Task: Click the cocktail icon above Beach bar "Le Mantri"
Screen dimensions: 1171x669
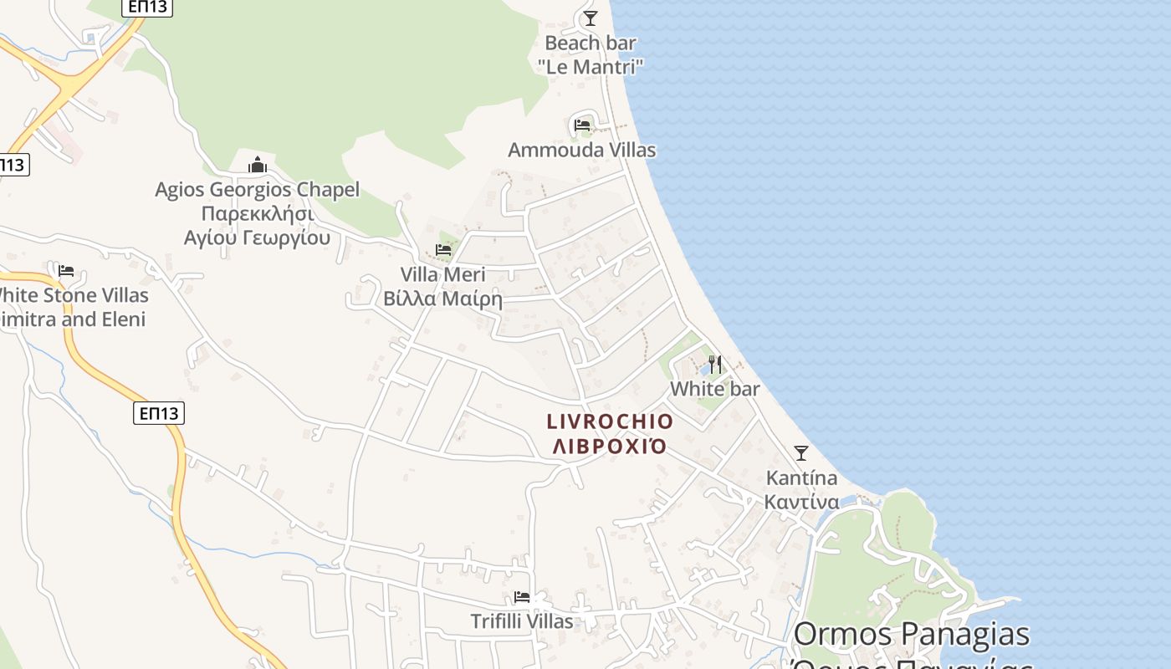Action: pyautogui.click(x=591, y=18)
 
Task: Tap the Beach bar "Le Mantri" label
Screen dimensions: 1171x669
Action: pyautogui.click(x=591, y=54)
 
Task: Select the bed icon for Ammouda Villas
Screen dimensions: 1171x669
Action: pyautogui.click(x=582, y=125)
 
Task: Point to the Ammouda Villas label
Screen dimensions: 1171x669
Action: pyautogui.click(x=582, y=151)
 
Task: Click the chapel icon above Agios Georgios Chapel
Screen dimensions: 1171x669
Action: pyautogui.click(x=257, y=165)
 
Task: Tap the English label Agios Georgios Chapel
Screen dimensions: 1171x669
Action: pyautogui.click(x=257, y=190)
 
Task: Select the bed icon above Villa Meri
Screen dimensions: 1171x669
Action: pyautogui.click(x=443, y=249)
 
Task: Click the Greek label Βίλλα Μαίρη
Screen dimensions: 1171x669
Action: pyautogui.click(x=442, y=299)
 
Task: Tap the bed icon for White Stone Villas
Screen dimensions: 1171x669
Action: pyautogui.click(x=66, y=270)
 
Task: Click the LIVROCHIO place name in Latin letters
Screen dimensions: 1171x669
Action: pyautogui.click(x=610, y=421)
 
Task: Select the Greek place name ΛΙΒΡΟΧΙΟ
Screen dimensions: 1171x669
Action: pyautogui.click(x=610, y=446)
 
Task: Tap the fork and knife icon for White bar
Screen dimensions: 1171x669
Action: pyautogui.click(x=715, y=365)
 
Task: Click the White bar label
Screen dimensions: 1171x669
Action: pyautogui.click(x=715, y=389)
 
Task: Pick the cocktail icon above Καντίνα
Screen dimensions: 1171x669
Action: pyautogui.click(x=801, y=453)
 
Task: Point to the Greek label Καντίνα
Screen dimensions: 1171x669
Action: pyautogui.click(x=801, y=502)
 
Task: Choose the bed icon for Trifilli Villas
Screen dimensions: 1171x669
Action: pyautogui.click(x=522, y=597)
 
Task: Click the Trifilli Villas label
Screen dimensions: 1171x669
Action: pyautogui.click(x=522, y=621)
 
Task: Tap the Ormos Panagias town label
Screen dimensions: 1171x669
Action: pyautogui.click(x=912, y=635)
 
